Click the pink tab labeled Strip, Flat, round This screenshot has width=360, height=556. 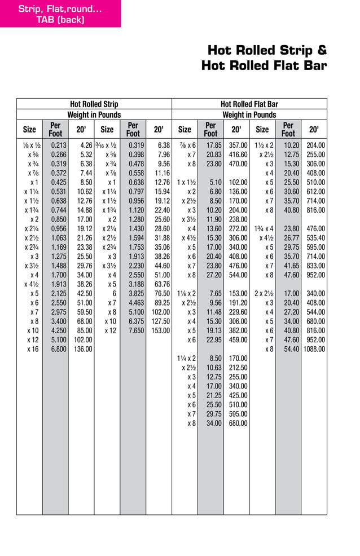coord(60,14)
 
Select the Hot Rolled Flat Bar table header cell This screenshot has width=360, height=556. coord(249,104)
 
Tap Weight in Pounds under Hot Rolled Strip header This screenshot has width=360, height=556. coord(94,114)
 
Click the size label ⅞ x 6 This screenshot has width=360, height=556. coord(186,145)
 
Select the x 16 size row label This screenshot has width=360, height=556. coord(33,349)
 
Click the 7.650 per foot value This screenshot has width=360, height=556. coord(134,330)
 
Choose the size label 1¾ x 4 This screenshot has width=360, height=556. coord(264,228)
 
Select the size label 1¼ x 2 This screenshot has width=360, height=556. coord(186,358)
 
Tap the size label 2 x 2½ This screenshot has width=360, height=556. coord(264,293)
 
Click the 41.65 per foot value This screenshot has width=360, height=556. coord(288,266)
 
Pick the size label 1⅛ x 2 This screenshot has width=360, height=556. coord(186,293)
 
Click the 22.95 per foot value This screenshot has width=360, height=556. coord(210,339)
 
